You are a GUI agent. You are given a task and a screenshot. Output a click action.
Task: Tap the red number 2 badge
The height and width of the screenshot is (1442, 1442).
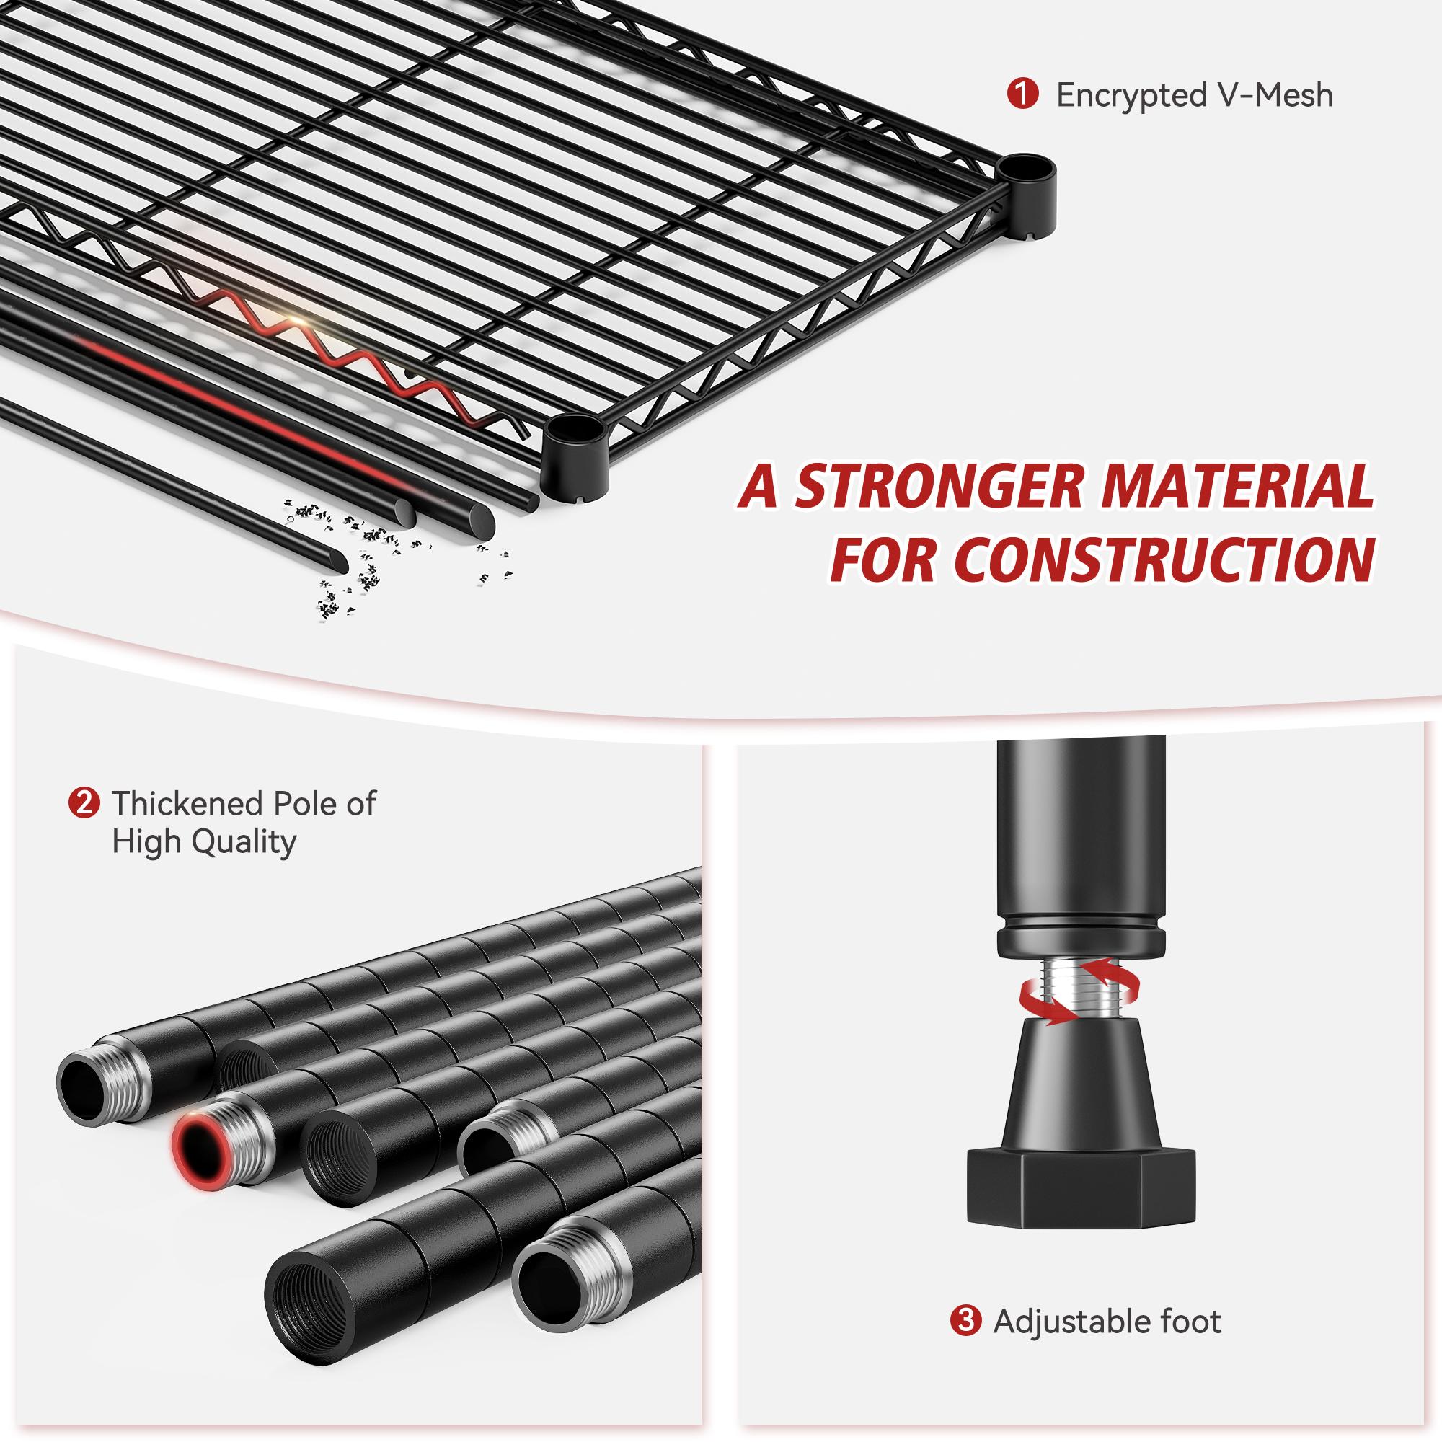click(82, 804)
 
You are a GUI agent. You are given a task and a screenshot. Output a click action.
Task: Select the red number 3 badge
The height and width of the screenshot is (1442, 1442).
click(965, 1322)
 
